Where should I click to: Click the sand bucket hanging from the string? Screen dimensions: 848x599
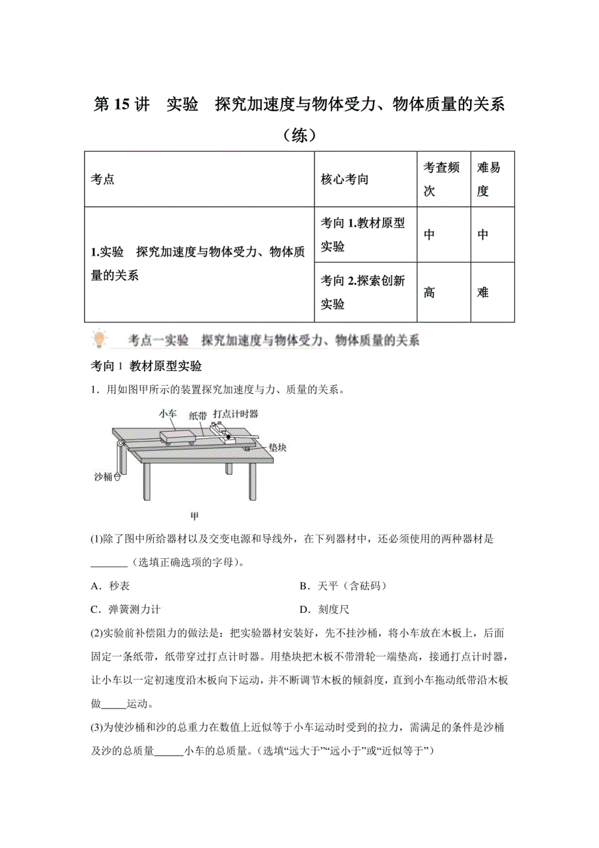click(x=117, y=477)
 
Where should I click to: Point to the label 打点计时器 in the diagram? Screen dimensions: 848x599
click(x=234, y=414)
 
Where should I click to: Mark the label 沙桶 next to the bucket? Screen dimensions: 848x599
click(x=103, y=477)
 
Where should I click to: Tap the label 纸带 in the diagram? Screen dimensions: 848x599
click(x=199, y=414)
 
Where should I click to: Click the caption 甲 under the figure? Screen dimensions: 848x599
click(x=193, y=516)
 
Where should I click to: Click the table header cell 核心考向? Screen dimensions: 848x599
click(x=344, y=180)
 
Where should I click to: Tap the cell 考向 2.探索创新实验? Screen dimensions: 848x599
click(x=363, y=292)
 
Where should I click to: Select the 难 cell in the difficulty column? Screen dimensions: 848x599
click(x=482, y=292)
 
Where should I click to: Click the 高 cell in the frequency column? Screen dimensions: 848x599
click(x=429, y=292)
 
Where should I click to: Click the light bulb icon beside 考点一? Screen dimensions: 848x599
click(x=99, y=339)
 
